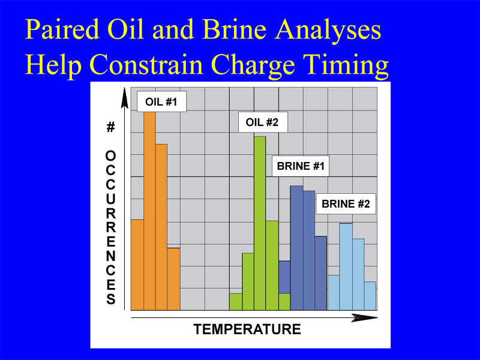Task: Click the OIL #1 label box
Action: pos(161,101)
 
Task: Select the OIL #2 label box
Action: pos(263,122)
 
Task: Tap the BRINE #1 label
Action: pos(301,166)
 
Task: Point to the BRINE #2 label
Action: pos(346,204)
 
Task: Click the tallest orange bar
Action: pos(149,211)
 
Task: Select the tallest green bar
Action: pos(260,223)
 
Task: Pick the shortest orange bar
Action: pos(173,279)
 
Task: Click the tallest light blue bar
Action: pos(346,266)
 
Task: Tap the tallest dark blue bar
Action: pos(296,248)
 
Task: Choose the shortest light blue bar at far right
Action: pos(370,296)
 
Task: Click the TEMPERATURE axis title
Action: pos(247,329)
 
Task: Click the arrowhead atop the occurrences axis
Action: pos(125,98)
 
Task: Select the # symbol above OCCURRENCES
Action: pos(110,127)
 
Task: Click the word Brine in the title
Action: pos(234,29)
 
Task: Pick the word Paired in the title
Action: pos(62,29)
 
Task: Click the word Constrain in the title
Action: pos(146,65)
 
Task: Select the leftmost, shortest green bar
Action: pos(236,302)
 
